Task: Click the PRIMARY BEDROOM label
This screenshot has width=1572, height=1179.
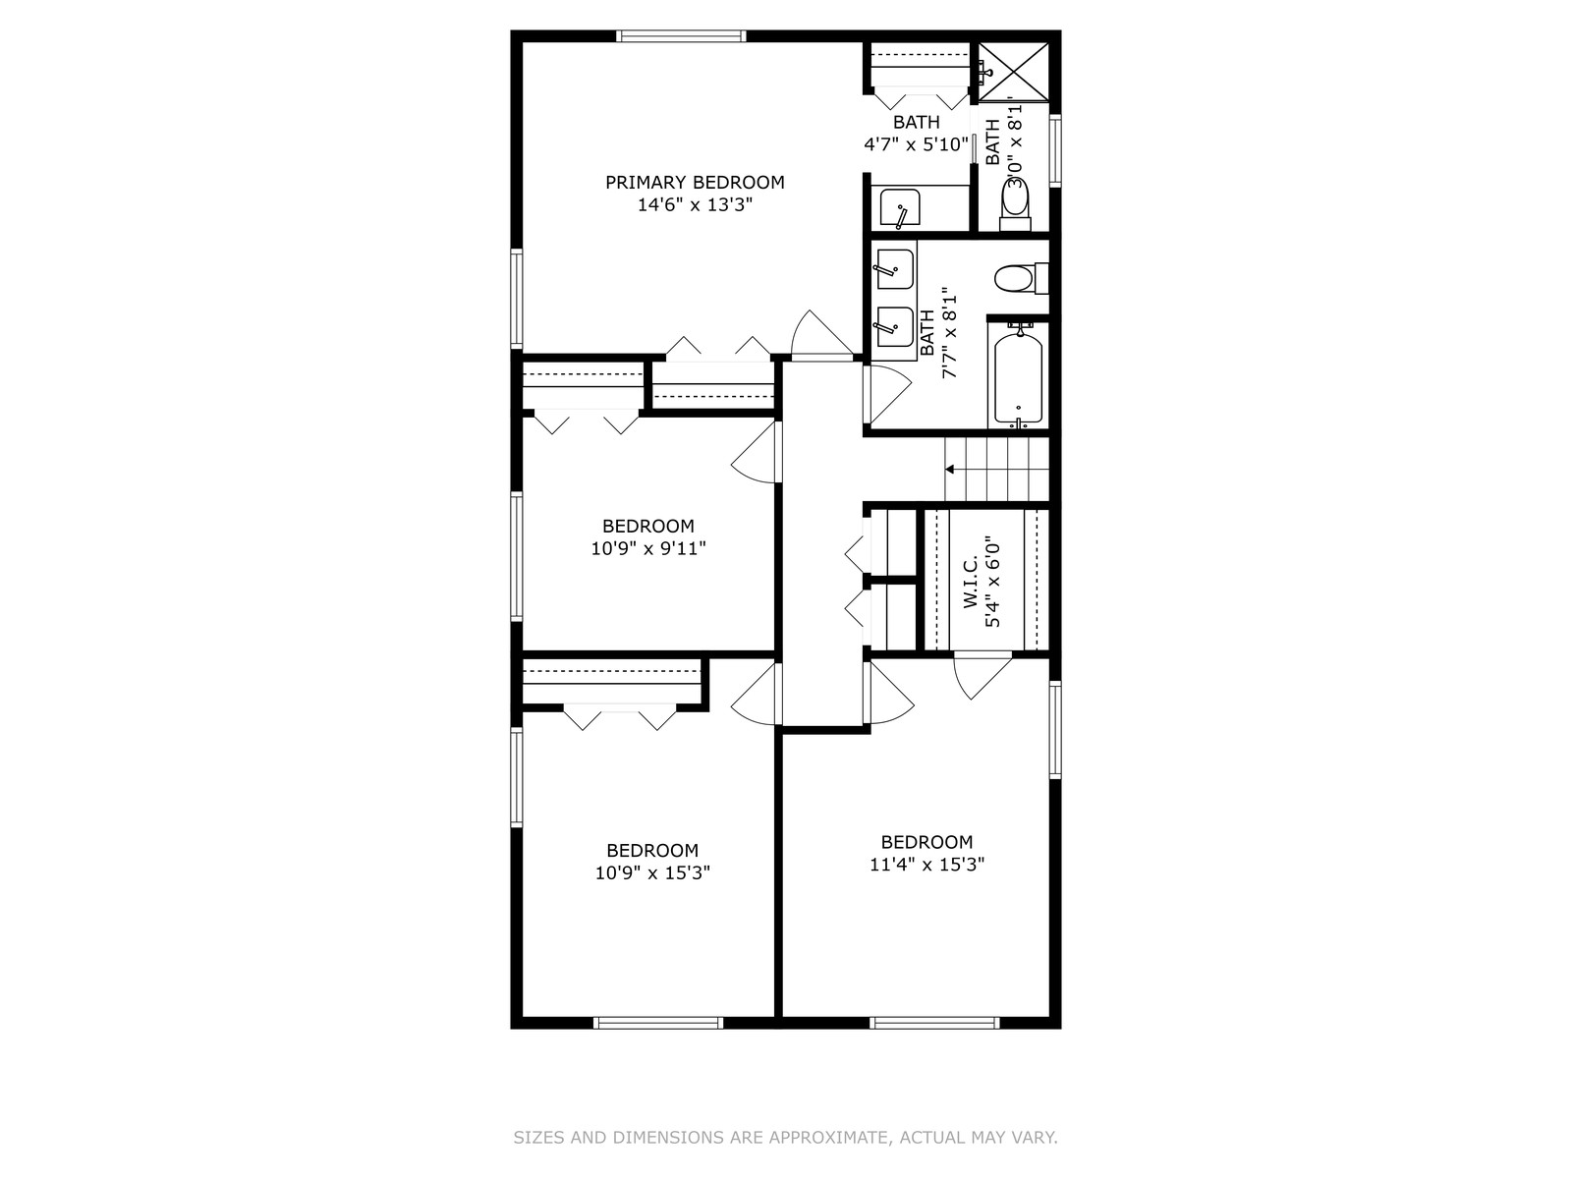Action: (x=695, y=183)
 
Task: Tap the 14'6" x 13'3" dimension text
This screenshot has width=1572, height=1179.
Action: (x=695, y=205)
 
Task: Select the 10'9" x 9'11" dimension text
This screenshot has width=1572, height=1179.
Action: (x=648, y=549)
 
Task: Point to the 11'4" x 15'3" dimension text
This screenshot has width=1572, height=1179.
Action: (x=926, y=865)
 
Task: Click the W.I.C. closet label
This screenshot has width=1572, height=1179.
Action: (x=971, y=582)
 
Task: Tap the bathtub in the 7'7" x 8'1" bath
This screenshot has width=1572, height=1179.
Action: (x=1018, y=376)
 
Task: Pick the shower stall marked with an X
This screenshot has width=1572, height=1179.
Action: (x=1013, y=72)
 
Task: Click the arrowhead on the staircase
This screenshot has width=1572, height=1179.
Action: (x=950, y=470)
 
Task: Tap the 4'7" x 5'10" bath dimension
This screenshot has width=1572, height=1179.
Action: (x=916, y=144)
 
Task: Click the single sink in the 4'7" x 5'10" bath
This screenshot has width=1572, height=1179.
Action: (x=900, y=208)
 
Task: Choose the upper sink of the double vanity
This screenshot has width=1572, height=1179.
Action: (x=894, y=269)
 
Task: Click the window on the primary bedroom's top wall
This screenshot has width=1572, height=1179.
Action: (x=681, y=35)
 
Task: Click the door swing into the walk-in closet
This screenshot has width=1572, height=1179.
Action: (x=982, y=675)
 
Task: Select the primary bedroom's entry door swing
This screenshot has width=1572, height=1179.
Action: (x=822, y=333)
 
